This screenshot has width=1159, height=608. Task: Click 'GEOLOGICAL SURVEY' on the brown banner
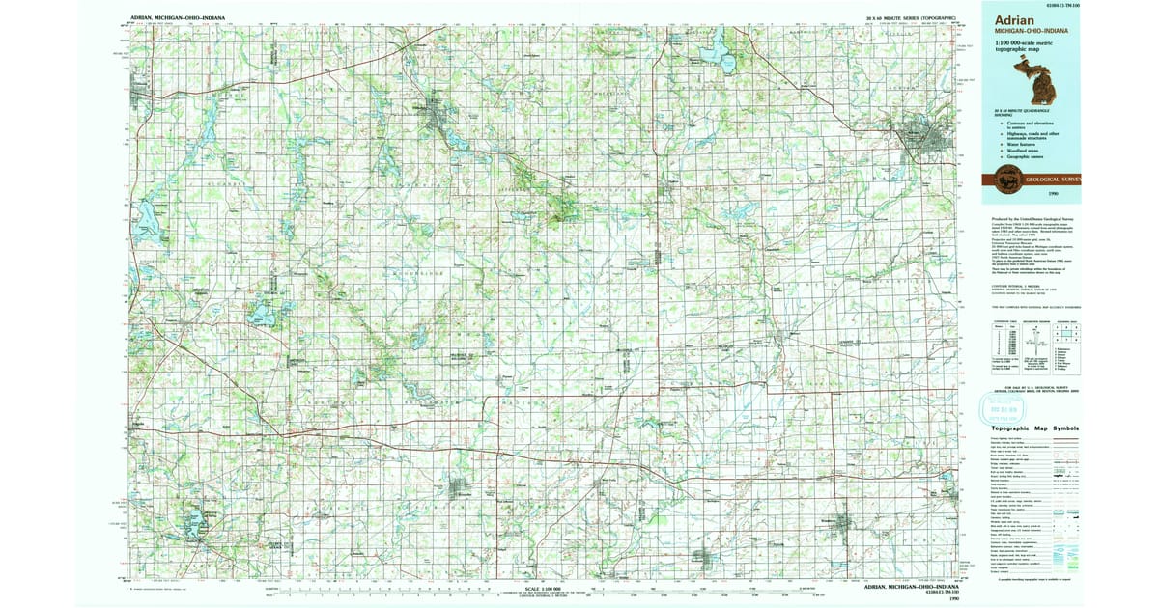click(1052, 179)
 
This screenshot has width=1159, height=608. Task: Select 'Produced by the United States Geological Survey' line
click(1030, 220)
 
